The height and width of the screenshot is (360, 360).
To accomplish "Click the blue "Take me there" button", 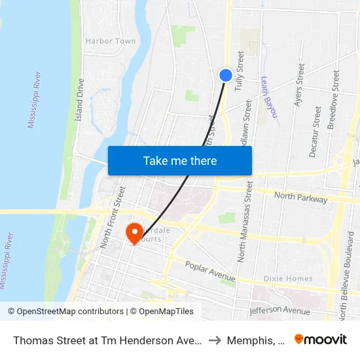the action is click(180, 161).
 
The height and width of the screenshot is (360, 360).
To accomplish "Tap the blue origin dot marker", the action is click(225, 76).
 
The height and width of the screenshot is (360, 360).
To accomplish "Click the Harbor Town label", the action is click(111, 41).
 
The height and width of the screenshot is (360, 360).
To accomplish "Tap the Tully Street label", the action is click(240, 71).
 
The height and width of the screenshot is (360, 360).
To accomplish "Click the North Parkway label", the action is click(301, 196).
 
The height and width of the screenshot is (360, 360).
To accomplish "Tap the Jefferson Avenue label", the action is click(279, 309).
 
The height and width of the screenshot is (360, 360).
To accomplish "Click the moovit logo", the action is click(320, 340).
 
